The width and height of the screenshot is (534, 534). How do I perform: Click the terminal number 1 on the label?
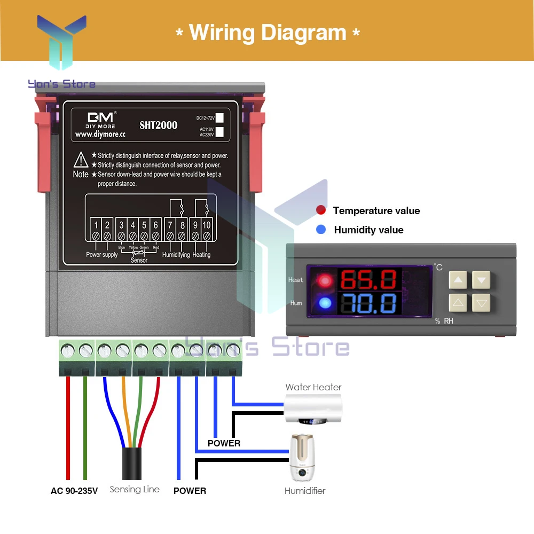[96, 225]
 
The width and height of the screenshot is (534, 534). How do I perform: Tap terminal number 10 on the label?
[207, 225]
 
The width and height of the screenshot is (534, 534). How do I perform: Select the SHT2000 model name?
[159, 125]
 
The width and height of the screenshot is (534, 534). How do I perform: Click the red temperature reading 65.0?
[368, 280]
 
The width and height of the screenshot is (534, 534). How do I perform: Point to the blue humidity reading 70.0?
[368, 303]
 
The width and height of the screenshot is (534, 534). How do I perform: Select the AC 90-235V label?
[74, 491]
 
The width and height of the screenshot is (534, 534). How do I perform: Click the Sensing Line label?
[135, 489]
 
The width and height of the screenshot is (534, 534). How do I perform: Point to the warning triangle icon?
[81, 160]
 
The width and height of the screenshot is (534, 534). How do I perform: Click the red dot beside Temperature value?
[321, 210]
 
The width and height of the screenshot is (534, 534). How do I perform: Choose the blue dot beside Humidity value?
[321, 230]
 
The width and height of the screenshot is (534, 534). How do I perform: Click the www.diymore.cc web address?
[100, 135]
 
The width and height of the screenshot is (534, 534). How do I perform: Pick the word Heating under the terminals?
[201, 255]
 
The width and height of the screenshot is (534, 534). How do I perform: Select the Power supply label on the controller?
[101, 255]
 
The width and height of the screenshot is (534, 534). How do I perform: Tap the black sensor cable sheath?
[131, 464]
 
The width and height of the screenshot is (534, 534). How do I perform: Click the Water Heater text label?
[313, 387]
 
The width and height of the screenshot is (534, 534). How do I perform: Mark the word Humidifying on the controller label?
[176, 255]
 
